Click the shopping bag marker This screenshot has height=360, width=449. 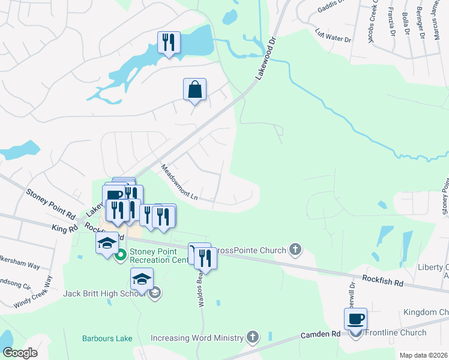coord(194,90)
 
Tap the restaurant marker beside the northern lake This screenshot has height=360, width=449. coord(169,43)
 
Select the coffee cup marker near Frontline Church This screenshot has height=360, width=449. coord(355,319)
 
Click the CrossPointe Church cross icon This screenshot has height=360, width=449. coord(295,249)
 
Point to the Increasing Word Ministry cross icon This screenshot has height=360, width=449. coord(253,338)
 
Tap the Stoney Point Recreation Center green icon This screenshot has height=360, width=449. coord(121,256)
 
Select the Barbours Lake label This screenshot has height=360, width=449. coord(107,338)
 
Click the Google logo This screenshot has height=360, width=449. coord(20,352)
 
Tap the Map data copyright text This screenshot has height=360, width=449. coord(423,355)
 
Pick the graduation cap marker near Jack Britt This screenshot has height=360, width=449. coord(142,280)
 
